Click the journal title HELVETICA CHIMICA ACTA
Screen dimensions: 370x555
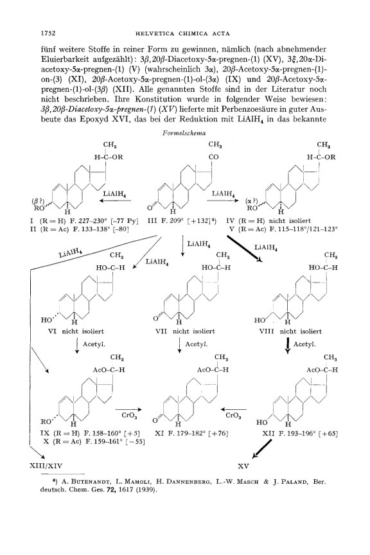tap(182, 34)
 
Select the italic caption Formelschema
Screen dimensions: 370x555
tap(184, 134)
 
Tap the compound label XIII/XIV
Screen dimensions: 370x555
tap(46, 466)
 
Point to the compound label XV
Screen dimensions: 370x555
tap(243, 466)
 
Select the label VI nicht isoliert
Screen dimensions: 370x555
tap(76, 331)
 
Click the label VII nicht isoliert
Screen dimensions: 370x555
tap(185, 331)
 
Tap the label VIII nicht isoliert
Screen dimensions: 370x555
tap(290, 331)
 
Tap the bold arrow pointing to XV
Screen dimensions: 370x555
tap(261, 449)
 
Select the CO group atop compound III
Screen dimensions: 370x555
tap(214, 157)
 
